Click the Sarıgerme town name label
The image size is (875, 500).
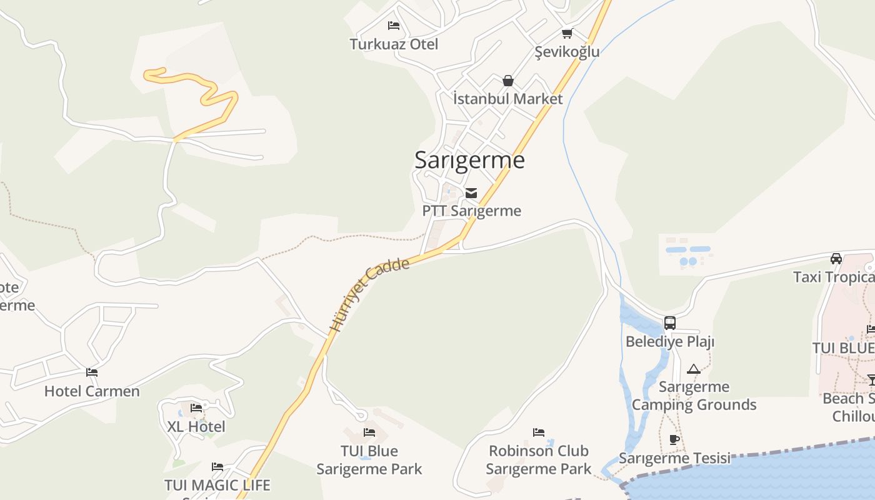point(469,160)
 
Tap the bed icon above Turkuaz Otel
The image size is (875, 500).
point(394,26)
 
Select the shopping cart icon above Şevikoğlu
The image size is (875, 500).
point(567,34)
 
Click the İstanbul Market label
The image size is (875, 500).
point(507,99)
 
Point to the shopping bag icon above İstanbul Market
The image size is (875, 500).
point(507,81)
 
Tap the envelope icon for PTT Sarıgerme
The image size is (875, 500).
point(471,193)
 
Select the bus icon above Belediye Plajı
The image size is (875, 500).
point(670,323)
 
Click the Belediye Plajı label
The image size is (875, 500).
point(670,342)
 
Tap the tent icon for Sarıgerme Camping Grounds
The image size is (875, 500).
point(693,369)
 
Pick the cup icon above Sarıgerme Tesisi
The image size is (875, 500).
point(674,439)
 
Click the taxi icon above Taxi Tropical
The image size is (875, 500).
point(836,258)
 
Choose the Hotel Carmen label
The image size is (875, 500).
point(92,391)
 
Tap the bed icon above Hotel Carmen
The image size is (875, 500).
point(92,372)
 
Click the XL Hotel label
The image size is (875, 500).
point(196,427)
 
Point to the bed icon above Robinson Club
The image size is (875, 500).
point(539,432)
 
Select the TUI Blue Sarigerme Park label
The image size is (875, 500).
point(369,460)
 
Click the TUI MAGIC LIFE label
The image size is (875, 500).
point(217,485)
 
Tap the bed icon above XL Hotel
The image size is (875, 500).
point(196,408)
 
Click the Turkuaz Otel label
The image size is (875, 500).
point(394,44)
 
